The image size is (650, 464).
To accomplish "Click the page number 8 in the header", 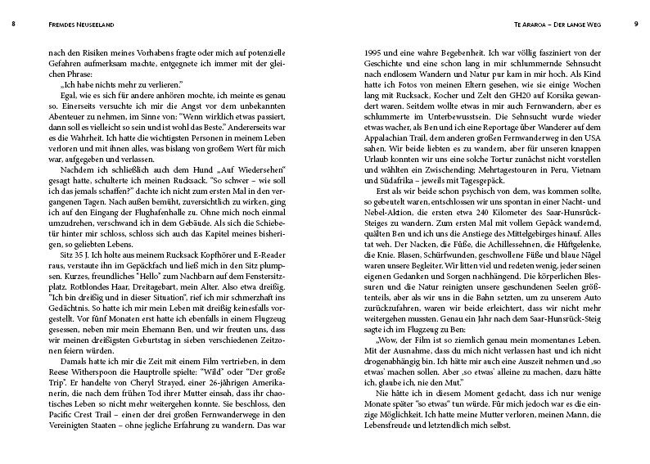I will (14, 24).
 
